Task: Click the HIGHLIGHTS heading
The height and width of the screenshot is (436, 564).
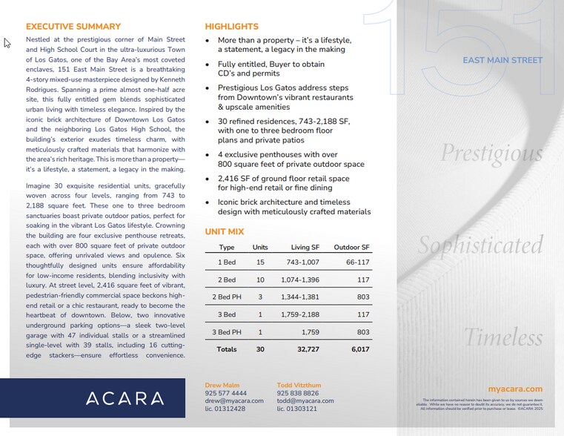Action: (x=231, y=27)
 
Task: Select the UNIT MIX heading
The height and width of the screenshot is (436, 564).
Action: (x=225, y=232)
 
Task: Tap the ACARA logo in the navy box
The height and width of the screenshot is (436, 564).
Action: (x=125, y=397)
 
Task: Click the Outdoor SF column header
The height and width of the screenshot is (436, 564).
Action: (x=351, y=247)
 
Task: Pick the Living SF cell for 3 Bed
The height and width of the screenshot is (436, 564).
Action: (x=301, y=315)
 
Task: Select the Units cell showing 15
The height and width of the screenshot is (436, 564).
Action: (x=260, y=262)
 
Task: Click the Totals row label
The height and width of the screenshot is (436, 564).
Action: (x=227, y=349)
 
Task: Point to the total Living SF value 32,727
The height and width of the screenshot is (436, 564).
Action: (x=305, y=349)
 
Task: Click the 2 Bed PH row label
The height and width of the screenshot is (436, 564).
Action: (x=227, y=297)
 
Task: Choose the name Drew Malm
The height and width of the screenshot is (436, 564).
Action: (x=222, y=385)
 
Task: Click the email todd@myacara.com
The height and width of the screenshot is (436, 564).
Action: (x=305, y=401)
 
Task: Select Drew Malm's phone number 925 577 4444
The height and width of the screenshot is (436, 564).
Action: (x=226, y=393)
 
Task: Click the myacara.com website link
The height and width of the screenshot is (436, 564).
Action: (x=515, y=389)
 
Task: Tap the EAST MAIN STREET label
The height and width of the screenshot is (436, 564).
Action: (x=502, y=60)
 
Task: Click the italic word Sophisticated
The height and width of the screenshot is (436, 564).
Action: (x=480, y=245)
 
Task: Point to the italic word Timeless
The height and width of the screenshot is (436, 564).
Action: (x=502, y=337)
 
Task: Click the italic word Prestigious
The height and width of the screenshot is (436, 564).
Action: (x=491, y=153)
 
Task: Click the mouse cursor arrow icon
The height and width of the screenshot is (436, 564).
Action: (x=7, y=43)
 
